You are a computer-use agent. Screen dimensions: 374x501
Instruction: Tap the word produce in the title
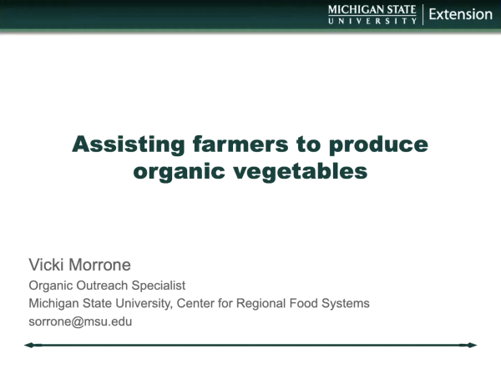(379, 144)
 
